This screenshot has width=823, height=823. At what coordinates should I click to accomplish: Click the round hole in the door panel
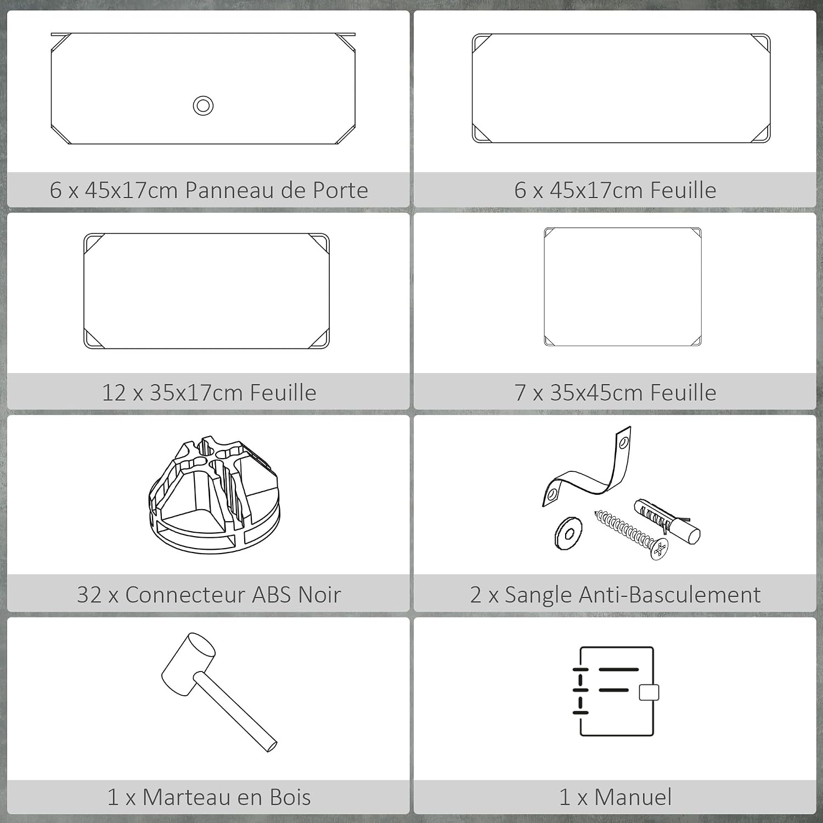(x=203, y=105)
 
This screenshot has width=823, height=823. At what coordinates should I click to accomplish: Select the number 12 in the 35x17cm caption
(x=114, y=393)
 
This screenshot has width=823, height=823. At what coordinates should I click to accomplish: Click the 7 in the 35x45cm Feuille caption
(x=520, y=393)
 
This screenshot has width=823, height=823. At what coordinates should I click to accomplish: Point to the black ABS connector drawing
(x=214, y=494)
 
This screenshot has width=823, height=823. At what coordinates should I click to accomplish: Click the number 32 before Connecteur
(x=89, y=595)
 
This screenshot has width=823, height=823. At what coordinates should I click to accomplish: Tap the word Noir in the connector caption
(x=319, y=595)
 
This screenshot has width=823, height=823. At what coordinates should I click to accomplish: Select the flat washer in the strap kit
(x=568, y=532)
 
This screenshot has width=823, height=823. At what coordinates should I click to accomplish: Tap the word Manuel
(x=633, y=797)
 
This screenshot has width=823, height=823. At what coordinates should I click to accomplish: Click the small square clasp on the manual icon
(x=649, y=692)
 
